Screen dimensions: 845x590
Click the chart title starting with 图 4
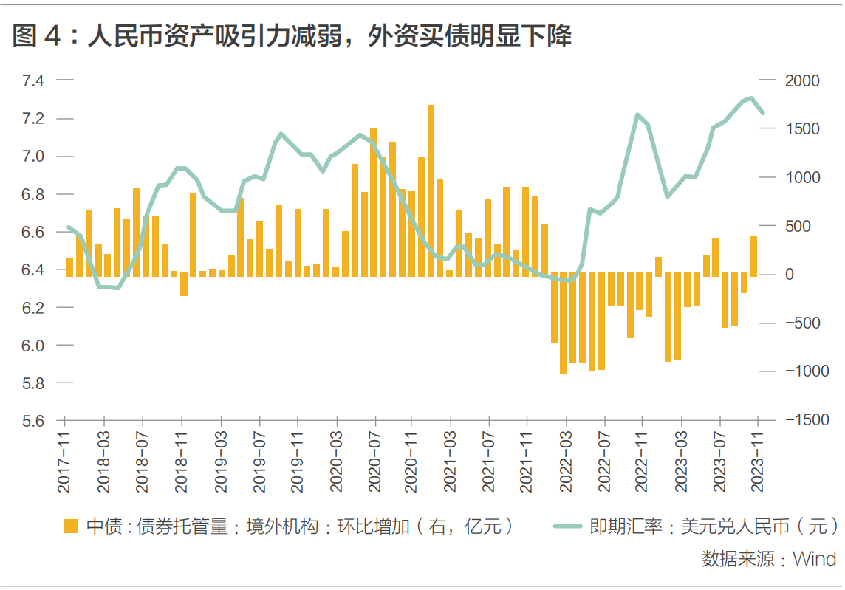[292, 37]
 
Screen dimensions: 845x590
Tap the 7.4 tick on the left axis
[33, 80]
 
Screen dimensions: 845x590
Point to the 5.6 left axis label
[33, 421]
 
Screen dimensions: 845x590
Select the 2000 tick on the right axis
[802, 80]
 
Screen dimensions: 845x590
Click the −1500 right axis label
[807, 419]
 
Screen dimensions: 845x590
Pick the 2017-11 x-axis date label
[64, 462]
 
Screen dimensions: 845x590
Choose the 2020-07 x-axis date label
[374, 462]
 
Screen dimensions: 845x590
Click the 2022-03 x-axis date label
[565, 462]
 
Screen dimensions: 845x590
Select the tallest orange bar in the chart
[431, 191]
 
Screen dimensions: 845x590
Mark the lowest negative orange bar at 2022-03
[564, 322]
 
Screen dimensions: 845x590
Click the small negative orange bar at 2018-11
[184, 284]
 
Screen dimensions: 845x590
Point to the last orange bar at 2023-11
[754, 256]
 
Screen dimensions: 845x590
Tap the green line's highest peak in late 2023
[751, 98]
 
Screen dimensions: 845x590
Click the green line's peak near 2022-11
[637, 114]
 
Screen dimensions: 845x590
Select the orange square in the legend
[71, 526]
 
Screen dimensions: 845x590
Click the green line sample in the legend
[568, 526]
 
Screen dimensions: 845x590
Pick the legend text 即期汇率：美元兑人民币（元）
[714, 526]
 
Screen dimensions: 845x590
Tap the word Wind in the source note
[814, 559]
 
